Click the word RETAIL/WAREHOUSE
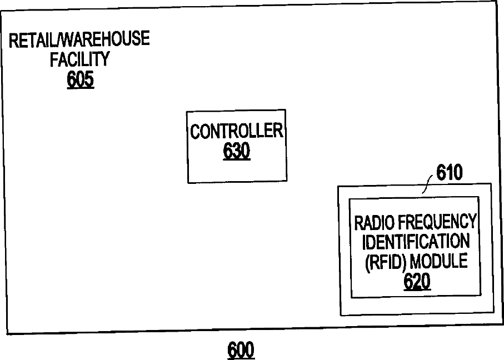coord(79,39)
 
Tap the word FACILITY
coord(80,59)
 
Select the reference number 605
coord(81,79)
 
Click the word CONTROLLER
coord(237,132)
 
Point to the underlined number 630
coord(237,151)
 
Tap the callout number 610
coord(450,173)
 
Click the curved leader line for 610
coord(428,183)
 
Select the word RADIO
coord(375,222)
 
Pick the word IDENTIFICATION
coord(416,242)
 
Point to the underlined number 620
coord(417,282)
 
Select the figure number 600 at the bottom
coord(241,350)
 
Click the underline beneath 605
coord(81,88)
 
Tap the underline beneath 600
coord(241,358)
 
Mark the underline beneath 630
coord(237,159)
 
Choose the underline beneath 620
coord(417,289)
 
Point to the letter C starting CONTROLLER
coord(195,132)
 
